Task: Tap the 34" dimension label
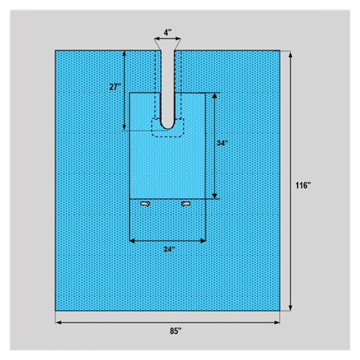(223, 143)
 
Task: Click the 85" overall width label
(168, 330)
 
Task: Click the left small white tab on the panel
(145, 205)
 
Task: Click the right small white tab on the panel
(185, 205)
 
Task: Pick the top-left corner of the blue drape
(56, 51)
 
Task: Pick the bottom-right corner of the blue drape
(280, 311)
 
